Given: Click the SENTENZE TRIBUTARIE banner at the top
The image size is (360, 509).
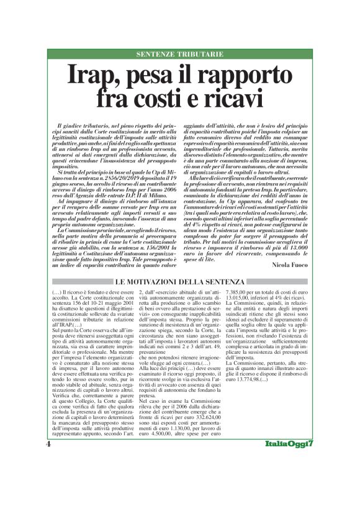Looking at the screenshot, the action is tap(179, 54).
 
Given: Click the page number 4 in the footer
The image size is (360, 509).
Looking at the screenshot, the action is tap(48, 445).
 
